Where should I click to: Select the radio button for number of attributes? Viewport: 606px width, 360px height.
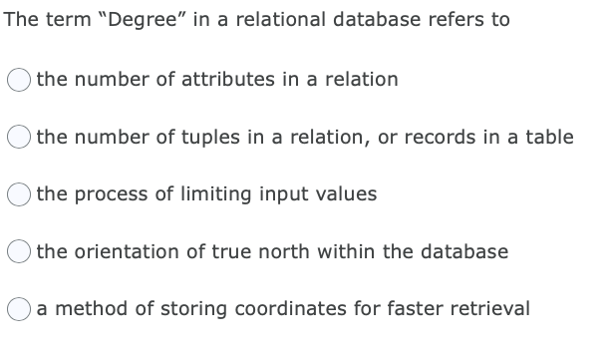[21, 80]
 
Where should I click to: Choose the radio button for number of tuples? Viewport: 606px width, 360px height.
[21, 138]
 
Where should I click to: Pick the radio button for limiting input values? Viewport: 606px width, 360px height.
[21, 194]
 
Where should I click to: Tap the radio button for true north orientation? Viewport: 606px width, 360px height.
[21, 252]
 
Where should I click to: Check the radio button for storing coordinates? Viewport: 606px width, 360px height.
[21, 309]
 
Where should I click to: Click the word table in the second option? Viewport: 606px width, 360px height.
[550, 137]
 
